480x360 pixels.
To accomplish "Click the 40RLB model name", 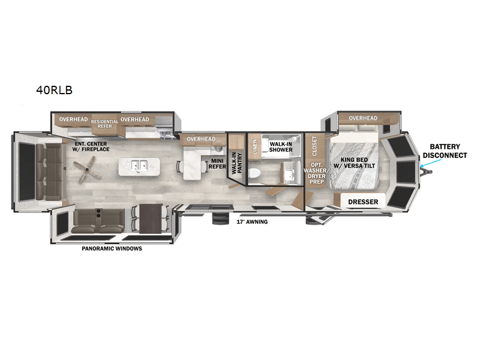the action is click(x=54, y=90).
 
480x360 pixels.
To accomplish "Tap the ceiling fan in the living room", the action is click(x=87, y=170).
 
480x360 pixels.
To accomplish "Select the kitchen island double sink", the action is click(x=139, y=166).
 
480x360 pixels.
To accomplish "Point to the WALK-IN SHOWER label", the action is click(x=281, y=147).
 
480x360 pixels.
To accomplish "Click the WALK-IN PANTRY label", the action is click(x=236, y=163).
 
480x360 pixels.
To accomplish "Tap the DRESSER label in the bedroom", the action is click(x=363, y=202).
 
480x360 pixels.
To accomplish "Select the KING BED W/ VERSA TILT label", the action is click(x=354, y=163).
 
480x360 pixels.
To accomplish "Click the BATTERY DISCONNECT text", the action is click(x=445, y=151).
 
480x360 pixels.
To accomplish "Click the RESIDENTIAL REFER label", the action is click(x=104, y=124).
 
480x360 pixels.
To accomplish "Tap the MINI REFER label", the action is click(x=217, y=164).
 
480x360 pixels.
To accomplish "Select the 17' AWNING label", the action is click(x=252, y=221).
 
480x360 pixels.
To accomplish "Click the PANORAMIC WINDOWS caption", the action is click(x=112, y=248).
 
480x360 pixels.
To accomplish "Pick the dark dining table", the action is click(x=150, y=218).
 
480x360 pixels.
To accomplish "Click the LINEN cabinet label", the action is click(x=254, y=146).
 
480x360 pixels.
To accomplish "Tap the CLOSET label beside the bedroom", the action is click(x=314, y=146).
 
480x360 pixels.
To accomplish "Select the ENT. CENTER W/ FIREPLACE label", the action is click(x=91, y=146).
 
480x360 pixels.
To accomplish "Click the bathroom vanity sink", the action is click(x=289, y=174).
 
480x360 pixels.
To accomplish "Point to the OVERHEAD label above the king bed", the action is click(x=363, y=118).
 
